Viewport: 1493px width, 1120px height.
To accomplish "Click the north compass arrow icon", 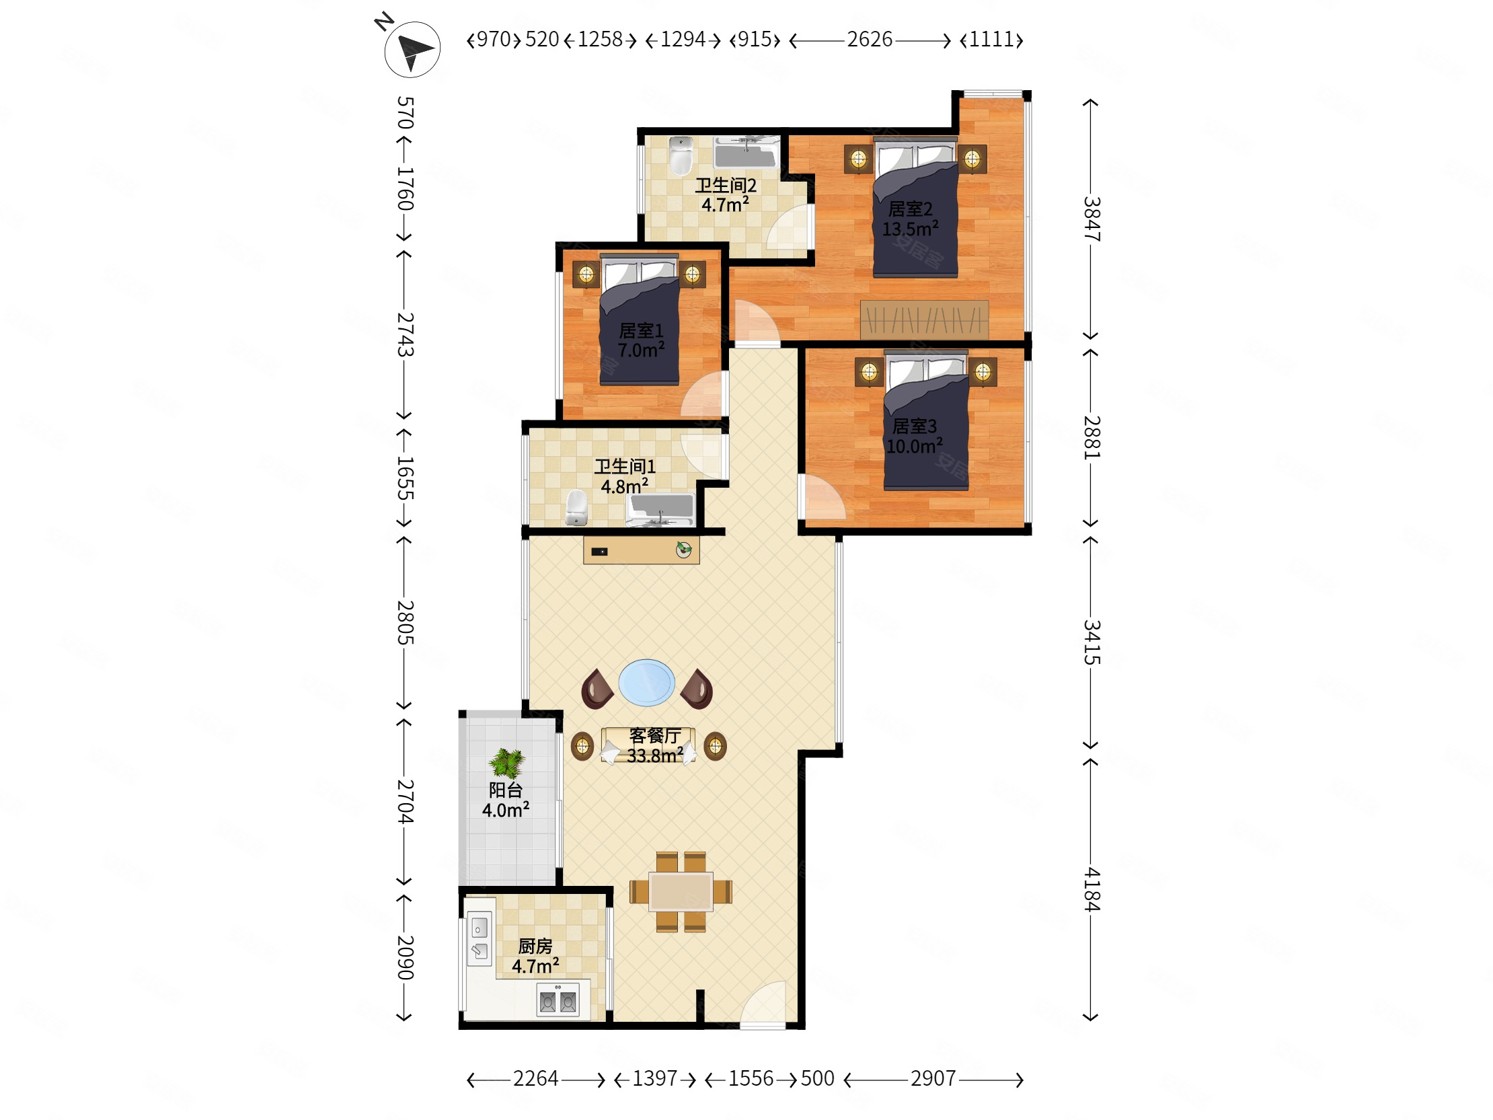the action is point(412,49).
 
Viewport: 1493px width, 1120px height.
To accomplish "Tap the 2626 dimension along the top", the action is point(870,40).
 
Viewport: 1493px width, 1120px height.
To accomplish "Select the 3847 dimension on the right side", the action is point(1092,219).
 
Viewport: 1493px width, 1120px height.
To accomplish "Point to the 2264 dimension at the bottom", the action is point(535,1078).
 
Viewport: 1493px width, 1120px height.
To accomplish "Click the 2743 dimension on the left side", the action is point(405,334).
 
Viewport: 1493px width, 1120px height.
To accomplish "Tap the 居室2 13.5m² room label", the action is point(910,219).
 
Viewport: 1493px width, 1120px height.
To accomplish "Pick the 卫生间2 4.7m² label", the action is point(726,195).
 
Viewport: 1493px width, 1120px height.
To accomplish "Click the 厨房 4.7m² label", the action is point(535,956).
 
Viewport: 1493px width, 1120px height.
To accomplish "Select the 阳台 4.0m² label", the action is point(506,800).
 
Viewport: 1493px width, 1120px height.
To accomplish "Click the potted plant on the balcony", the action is point(507,763).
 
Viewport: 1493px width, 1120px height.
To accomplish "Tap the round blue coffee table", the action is point(646,683).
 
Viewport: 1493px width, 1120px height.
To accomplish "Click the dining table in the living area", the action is point(681,892).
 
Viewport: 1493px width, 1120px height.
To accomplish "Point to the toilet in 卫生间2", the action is point(681,156).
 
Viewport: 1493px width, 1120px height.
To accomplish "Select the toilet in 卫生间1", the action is point(576,508).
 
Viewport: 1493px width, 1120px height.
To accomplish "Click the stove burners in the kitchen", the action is point(558,999).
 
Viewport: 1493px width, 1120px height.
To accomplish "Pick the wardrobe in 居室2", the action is point(924,320).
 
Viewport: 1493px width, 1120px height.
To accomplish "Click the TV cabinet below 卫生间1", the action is point(641,550).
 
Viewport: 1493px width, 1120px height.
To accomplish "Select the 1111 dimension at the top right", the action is point(991,40).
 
